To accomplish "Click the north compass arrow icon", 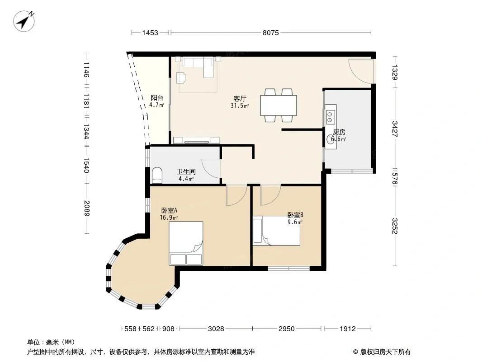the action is [x=24, y=21].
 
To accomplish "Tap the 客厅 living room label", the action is [x=240, y=98].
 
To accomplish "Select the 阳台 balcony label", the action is [x=157, y=98].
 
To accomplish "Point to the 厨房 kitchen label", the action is [x=339, y=132].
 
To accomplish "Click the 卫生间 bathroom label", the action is [x=186, y=172].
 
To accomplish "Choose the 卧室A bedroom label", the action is [x=169, y=210].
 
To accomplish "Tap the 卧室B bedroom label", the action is [x=295, y=215].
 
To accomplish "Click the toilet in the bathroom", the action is [x=157, y=175].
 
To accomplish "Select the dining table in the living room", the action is [x=279, y=105].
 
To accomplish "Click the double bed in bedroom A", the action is [x=186, y=243].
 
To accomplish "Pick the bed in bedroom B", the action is [x=276, y=231].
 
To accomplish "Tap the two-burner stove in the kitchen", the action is [x=331, y=115].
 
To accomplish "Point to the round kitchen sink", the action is [x=331, y=140].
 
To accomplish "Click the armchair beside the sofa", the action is [x=180, y=78].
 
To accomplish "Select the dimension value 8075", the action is [x=270, y=32].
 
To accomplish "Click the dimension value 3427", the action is [x=395, y=129].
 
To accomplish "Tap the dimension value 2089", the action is [x=87, y=208].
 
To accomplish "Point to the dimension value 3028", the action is [x=216, y=329].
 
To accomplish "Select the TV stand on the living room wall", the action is [x=196, y=140].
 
